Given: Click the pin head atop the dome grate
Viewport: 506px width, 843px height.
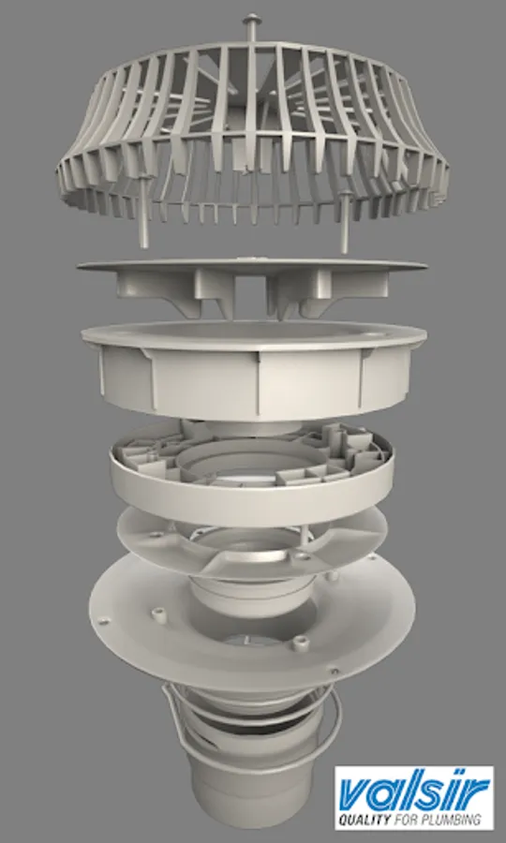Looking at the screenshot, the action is coord(250,20).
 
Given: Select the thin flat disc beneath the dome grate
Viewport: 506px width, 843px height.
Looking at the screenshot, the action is coord(252,266).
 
